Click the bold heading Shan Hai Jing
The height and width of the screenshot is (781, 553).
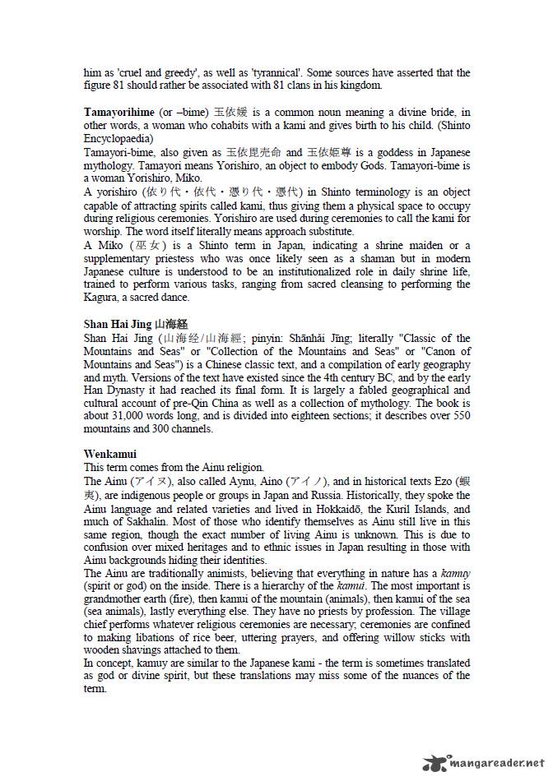(118, 324)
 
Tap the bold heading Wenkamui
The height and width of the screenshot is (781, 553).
(110, 454)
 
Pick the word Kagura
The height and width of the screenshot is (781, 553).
(105, 297)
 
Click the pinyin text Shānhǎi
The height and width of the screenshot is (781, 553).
(309, 338)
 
